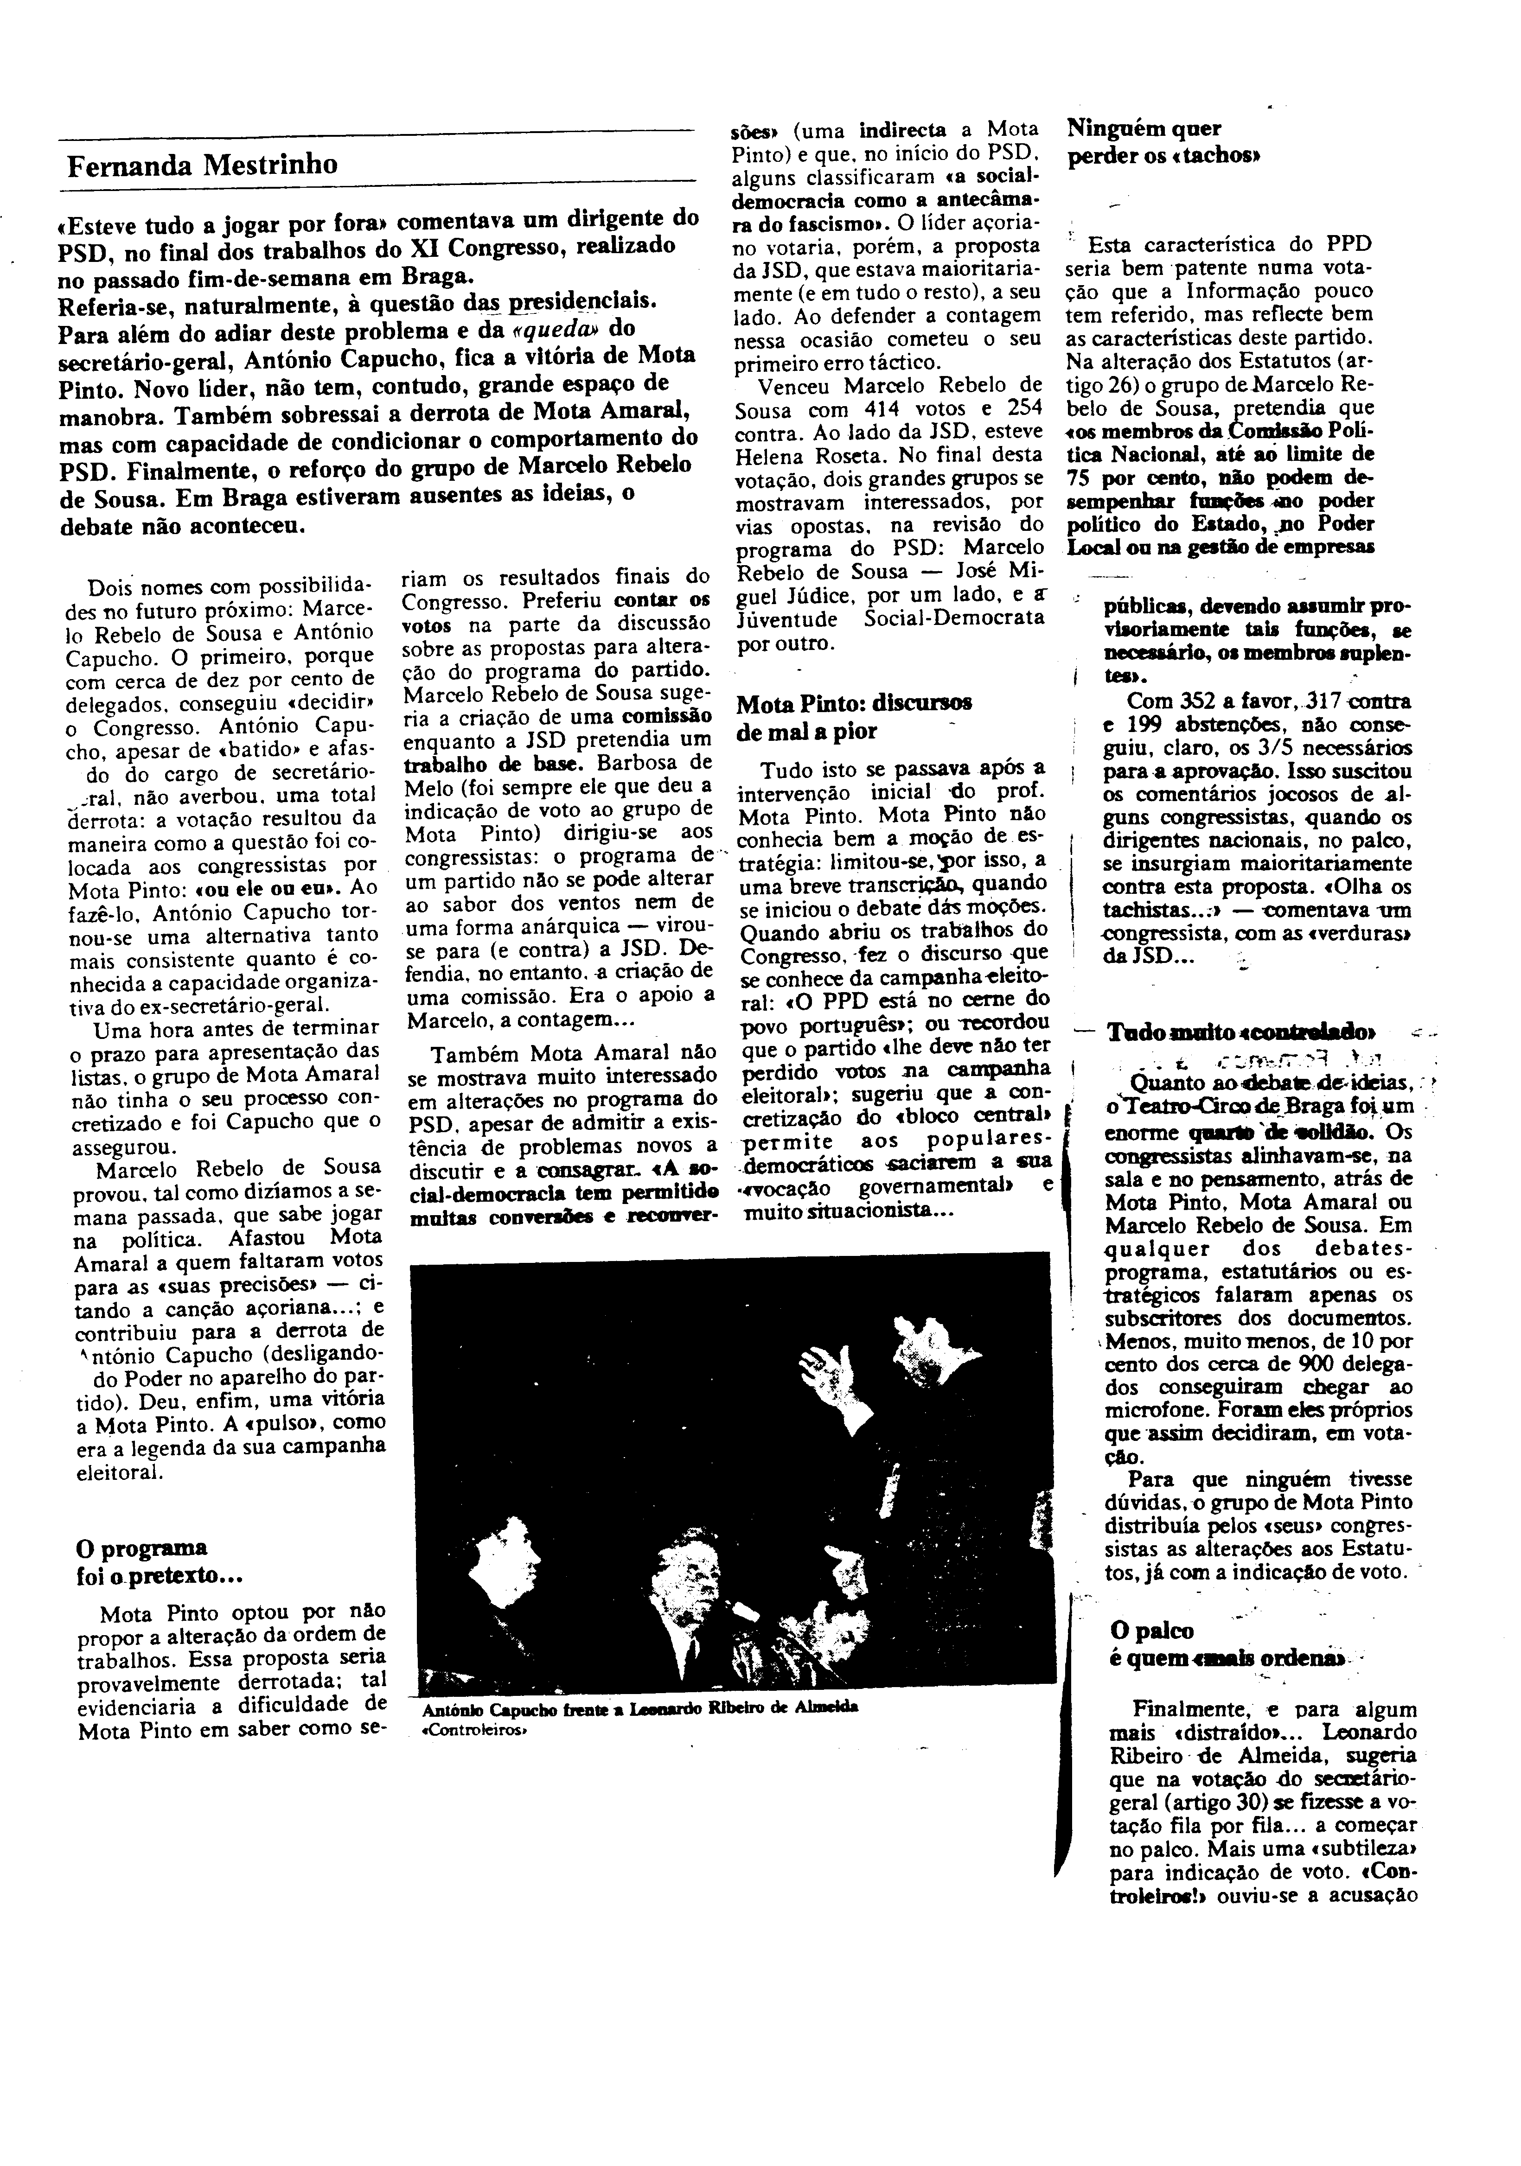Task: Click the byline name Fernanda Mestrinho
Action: click(202, 165)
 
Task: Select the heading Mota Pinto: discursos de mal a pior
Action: click(854, 717)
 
